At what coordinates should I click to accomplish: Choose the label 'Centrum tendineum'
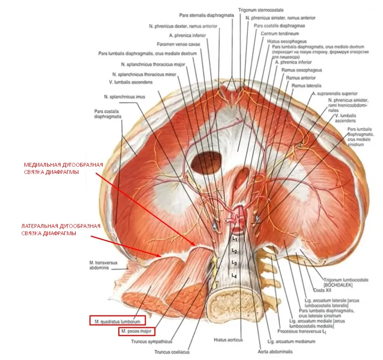click(277, 34)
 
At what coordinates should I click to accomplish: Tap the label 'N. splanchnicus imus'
click(124, 97)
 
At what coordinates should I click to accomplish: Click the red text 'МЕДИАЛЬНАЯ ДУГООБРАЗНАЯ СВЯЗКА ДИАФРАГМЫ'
click(63, 168)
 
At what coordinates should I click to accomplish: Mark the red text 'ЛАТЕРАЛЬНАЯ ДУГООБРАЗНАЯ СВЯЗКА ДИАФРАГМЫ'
click(61, 230)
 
